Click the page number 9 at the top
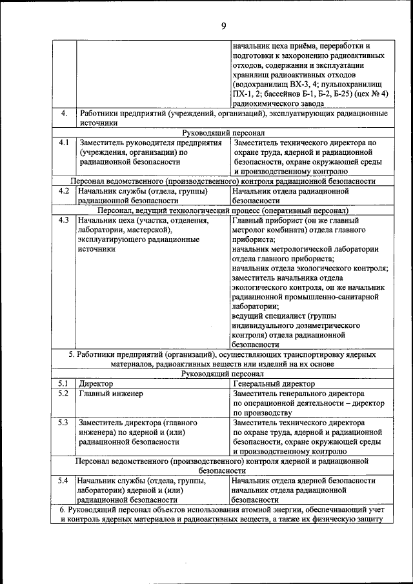pyautogui.click(x=223, y=26)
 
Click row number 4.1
pyautogui.click(x=63, y=142)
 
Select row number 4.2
pyautogui.click(x=63, y=191)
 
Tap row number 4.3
pyautogui.click(x=63, y=221)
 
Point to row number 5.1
pyautogui.click(x=63, y=384)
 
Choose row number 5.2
pyautogui.click(x=63, y=394)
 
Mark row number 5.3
pyautogui.click(x=63, y=423)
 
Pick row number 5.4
pyautogui.click(x=63, y=481)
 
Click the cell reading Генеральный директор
pyautogui.click(x=265, y=384)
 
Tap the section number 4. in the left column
pyautogui.click(x=63, y=114)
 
